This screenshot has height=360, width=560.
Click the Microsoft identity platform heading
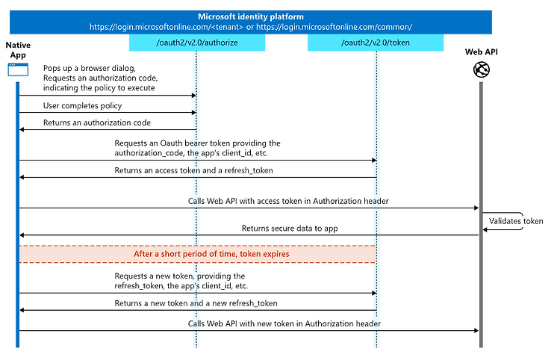251,16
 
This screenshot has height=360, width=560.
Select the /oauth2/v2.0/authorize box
197,43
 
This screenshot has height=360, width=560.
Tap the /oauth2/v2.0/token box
376,43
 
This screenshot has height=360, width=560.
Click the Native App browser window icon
18,69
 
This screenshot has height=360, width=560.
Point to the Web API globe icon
481,69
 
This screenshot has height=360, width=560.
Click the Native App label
18,50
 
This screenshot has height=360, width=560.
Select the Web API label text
481,52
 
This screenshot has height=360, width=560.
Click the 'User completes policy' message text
82,106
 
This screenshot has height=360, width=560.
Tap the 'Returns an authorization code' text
97,122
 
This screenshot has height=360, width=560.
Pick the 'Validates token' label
516,221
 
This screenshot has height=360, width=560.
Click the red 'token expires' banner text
211,254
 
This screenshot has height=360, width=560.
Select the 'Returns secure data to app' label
290,229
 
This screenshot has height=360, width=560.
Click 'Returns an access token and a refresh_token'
193,171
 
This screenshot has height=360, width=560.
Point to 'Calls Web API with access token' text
288,201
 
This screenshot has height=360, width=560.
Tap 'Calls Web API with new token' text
284,323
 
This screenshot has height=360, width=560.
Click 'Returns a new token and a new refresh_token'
196,303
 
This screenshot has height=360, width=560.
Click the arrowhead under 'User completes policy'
194,113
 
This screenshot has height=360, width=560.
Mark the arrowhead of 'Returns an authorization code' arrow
22,129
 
